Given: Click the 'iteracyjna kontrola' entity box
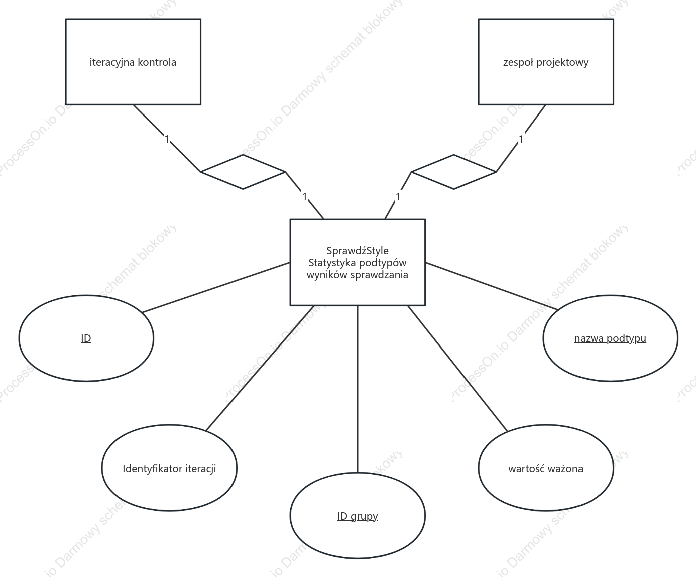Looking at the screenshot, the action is tap(133, 62).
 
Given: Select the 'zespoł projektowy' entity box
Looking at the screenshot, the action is tap(546, 62).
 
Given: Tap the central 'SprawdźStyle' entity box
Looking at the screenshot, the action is tap(358, 262).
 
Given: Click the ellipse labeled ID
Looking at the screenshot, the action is tap(86, 338).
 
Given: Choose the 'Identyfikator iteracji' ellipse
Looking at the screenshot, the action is tap(169, 468).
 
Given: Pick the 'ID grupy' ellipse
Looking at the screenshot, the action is tap(358, 516).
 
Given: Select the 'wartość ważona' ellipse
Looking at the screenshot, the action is tap(546, 468).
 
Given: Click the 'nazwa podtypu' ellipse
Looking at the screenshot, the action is tap(610, 338).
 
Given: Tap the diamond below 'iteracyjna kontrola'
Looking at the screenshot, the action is tap(243, 172).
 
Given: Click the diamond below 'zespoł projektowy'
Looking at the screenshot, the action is tap(453, 172).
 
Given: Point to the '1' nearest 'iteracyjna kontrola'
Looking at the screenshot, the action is tap(167, 139).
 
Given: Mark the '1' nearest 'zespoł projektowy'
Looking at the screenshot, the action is tap(521, 139).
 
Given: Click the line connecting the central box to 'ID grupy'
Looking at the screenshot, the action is tap(358, 389).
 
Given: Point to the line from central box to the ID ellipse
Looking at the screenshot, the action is tap(216, 287).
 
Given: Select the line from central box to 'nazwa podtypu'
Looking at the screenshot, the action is tap(492, 286).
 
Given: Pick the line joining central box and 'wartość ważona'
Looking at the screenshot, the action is tap(457, 368).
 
